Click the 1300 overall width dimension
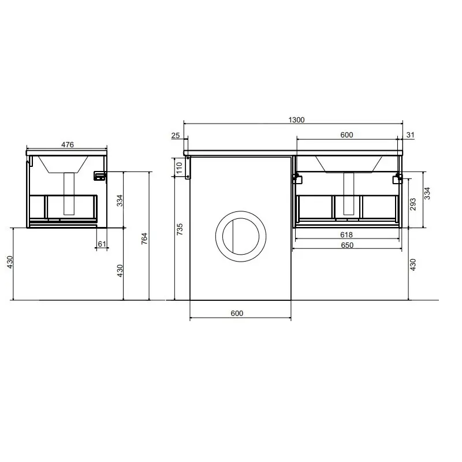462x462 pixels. [x=296, y=120]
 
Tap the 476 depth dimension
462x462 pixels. [x=68, y=145]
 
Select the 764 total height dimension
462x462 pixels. [x=144, y=239]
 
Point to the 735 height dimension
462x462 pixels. [x=180, y=229]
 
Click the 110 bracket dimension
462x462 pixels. [x=180, y=168]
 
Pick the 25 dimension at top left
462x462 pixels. [x=176, y=136]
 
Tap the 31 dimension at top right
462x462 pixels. [x=411, y=135]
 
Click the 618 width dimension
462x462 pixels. [x=346, y=235]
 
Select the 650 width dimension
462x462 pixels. [x=347, y=245]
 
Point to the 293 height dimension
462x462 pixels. [x=413, y=204]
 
